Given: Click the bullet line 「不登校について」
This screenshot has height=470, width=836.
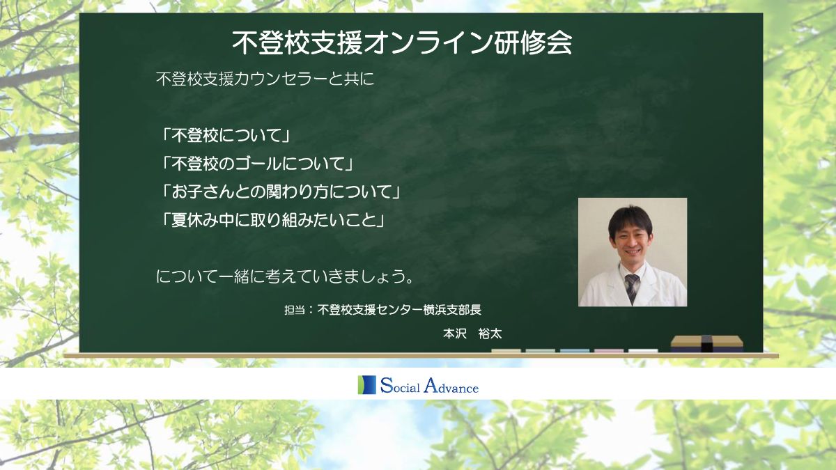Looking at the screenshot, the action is click(x=226, y=135).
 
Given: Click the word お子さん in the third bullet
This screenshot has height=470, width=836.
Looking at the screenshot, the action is click(x=202, y=192).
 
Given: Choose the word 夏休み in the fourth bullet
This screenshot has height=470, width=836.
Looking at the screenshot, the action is click(x=194, y=221).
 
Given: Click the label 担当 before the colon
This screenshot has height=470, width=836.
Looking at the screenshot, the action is click(x=295, y=310).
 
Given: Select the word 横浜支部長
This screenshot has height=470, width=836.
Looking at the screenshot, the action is click(x=452, y=310).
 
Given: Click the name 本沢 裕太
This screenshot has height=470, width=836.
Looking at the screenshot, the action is click(x=472, y=334).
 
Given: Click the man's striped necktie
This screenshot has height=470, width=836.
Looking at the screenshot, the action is click(x=631, y=287).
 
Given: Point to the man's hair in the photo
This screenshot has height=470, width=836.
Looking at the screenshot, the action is click(x=630, y=220).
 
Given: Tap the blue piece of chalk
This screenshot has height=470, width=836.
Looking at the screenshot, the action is click(x=575, y=351).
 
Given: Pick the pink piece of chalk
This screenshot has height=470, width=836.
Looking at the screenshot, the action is click(x=609, y=351).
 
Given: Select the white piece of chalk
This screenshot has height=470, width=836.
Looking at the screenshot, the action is click(x=643, y=351).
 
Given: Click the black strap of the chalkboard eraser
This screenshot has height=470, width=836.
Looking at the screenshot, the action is click(x=707, y=343).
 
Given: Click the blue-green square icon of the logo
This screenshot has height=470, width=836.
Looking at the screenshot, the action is click(x=367, y=384).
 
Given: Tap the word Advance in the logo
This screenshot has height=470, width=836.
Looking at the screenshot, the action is click(x=451, y=386).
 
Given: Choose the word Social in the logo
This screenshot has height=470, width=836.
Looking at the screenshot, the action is click(x=400, y=386).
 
